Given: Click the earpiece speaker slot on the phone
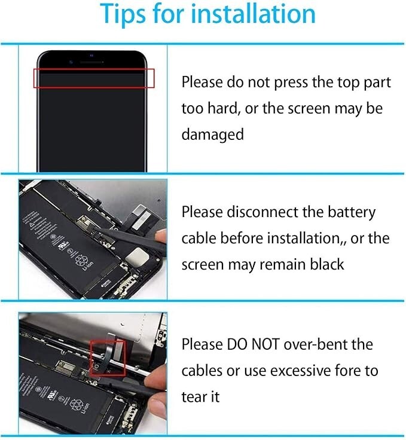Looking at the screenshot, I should (91, 62).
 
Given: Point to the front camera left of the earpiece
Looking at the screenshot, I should (71, 62).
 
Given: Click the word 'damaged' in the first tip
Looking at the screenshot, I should (213, 135).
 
